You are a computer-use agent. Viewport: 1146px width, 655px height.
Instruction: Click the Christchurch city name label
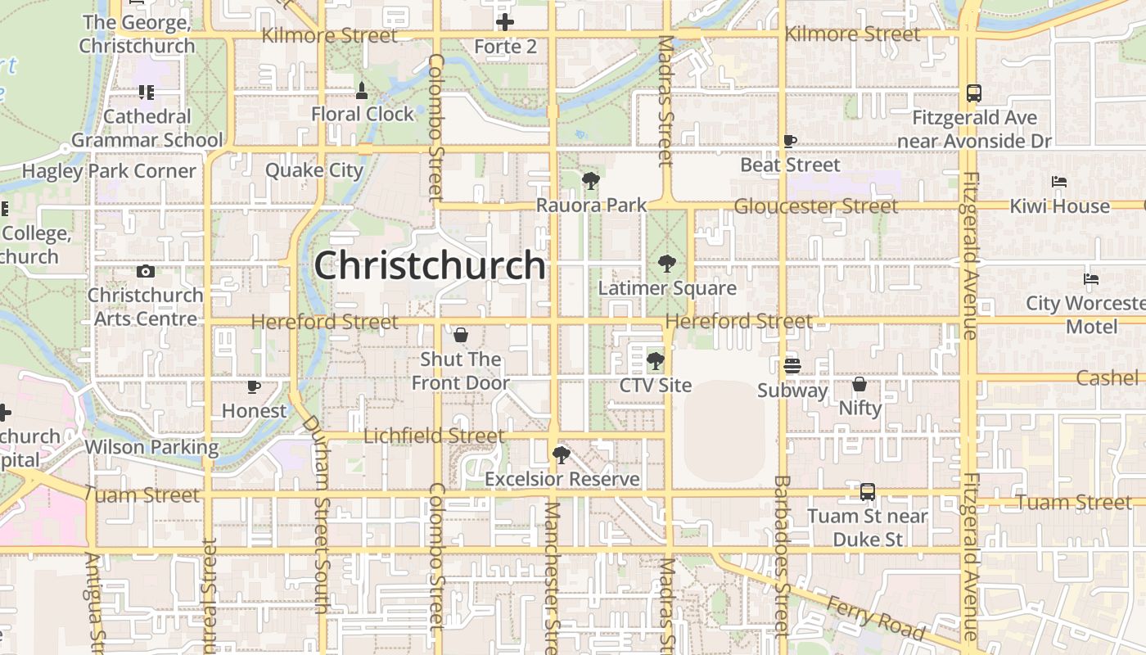coord(430,266)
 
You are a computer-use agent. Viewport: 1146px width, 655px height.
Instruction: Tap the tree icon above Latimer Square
coord(667,264)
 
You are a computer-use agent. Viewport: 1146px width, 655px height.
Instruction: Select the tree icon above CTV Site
coord(655,360)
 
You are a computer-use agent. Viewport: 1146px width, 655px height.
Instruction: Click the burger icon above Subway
coord(792,365)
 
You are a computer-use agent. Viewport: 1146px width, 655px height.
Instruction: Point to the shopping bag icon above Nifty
coord(859,383)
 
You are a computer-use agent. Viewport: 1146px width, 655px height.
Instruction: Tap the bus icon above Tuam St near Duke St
coord(868,492)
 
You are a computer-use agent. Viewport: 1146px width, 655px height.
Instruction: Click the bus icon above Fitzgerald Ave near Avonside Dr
coord(973,93)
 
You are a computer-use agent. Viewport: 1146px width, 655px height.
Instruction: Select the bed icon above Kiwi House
coord(1059,181)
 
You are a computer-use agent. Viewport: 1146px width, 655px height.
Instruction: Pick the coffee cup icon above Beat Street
coord(790,141)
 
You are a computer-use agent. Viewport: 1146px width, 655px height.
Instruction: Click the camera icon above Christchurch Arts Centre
coord(146,271)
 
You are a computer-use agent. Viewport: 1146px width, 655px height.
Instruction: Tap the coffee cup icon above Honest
coord(254,386)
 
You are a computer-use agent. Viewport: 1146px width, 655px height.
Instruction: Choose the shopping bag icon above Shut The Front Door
coord(460,335)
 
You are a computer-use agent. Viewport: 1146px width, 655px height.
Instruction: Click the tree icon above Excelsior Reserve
coord(561,454)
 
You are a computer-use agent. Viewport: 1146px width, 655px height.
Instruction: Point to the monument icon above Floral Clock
coord(362,88)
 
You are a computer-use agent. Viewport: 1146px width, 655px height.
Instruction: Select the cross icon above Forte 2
coord(505,22)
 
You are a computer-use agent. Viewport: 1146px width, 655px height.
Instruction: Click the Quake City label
coord(314,170)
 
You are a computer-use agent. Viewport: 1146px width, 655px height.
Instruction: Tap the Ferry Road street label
coord(876,617)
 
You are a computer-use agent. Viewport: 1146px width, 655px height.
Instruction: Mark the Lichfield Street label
coord(434,436)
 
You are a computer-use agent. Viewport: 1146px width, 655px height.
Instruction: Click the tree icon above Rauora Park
coord(590,181)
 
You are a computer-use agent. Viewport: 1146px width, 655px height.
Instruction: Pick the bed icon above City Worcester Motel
coord(1091,278)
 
